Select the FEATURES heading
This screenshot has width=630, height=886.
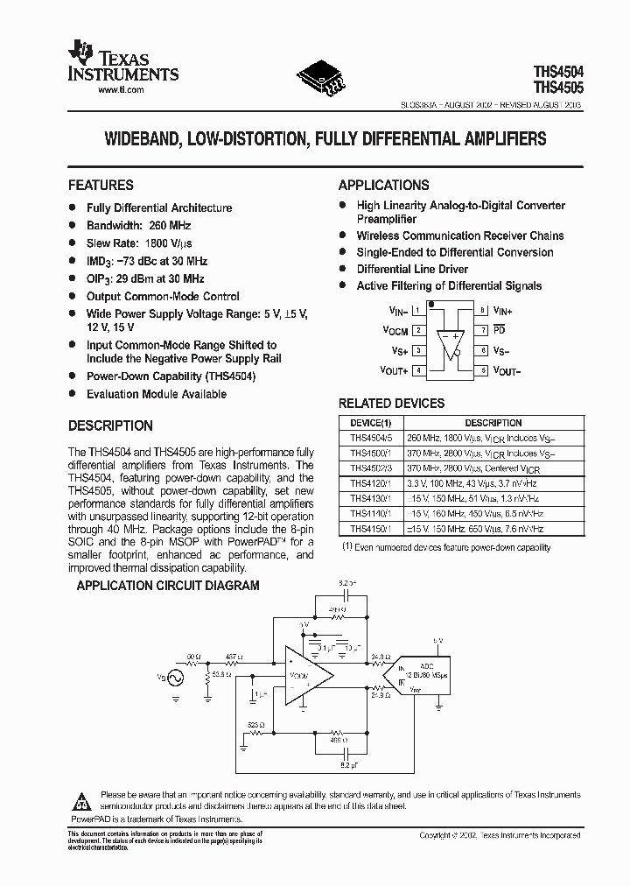[101, 186]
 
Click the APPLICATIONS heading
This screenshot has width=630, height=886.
[383, 186]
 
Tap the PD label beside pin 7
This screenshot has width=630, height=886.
[499, 330]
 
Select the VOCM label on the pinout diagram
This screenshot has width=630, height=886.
[396, 331]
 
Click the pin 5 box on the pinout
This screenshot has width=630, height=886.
[482, 370]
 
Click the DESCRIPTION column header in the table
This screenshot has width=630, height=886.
[493, 423]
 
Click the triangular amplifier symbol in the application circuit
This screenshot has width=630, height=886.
[306, 677]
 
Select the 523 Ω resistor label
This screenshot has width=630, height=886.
[256, 725]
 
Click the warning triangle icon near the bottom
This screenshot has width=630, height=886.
[81, 801]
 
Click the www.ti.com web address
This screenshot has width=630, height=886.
[120, 90]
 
